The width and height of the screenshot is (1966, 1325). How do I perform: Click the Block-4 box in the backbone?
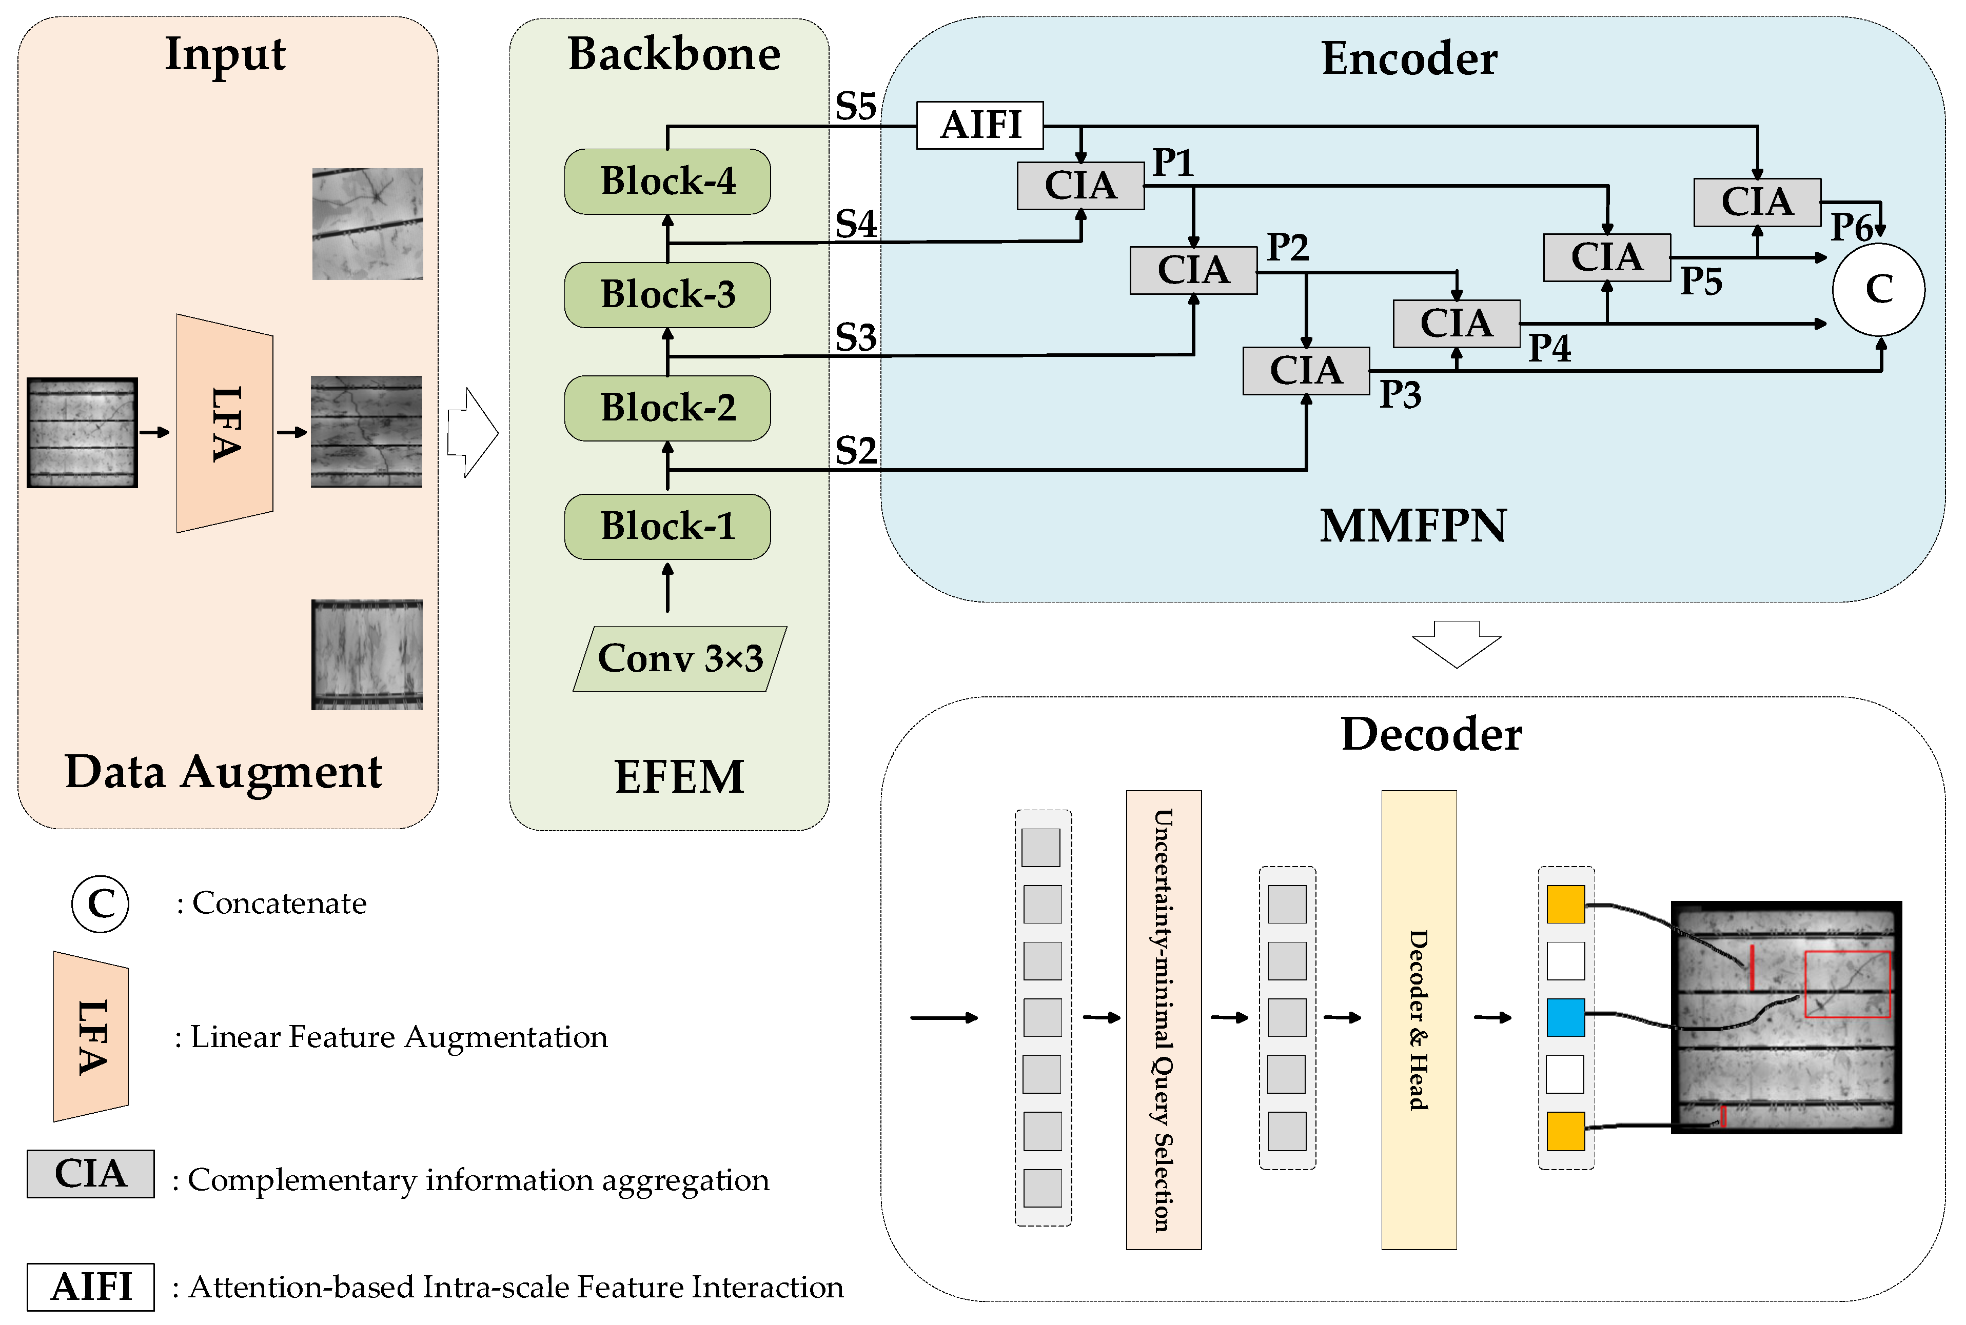coord(667,182)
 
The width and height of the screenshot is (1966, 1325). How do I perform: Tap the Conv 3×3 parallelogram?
coord(680,658)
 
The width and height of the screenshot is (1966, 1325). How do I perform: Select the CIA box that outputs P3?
coord(1305,371)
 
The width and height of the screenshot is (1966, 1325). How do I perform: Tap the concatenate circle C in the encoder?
coord(1878,290)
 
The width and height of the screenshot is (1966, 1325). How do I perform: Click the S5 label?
coord(855,107)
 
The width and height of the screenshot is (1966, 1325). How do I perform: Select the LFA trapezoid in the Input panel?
coord(224,424)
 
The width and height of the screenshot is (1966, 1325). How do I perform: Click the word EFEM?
coord(679,776)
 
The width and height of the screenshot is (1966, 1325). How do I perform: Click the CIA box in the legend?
coord(90,1174)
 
